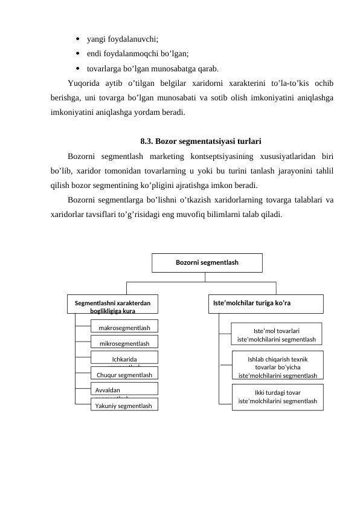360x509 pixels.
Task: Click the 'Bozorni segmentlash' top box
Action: click(x=207, y=263)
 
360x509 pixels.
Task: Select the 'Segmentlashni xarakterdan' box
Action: click(x=112, y=304)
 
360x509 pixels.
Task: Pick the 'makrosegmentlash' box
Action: click(x=124, y=328)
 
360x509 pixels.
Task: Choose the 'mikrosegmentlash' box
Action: click(x=124, y=343)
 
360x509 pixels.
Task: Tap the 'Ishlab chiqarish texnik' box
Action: click(x=277, y=366)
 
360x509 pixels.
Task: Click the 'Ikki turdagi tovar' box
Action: click(x=277, y=397)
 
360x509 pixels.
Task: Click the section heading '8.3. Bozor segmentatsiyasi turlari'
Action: click(x=200, y=142)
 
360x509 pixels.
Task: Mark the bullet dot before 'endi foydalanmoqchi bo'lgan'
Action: click(x=79, y=53)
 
